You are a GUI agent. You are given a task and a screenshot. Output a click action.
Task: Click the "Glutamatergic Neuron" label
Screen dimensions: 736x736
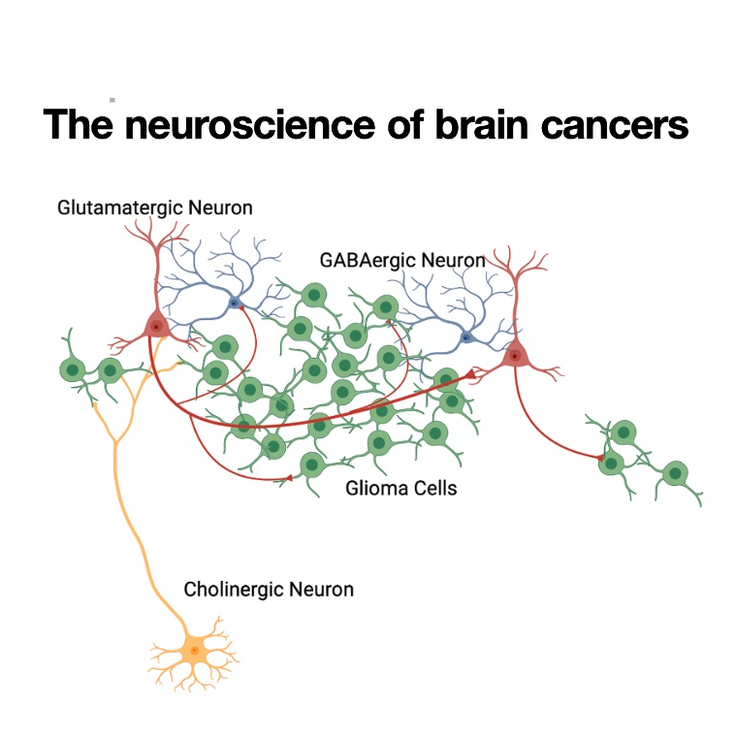(154, 208)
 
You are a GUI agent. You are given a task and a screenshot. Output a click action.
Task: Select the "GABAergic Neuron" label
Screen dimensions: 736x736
(401, 260)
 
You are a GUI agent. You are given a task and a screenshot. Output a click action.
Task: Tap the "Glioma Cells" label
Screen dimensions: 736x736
(400, 488)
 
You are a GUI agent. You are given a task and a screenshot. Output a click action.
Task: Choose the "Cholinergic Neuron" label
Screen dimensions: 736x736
(269, 589)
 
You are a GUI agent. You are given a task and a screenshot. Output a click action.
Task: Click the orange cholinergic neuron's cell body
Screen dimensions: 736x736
(194, 650)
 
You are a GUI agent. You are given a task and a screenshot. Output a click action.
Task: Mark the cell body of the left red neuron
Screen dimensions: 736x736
(155, 327)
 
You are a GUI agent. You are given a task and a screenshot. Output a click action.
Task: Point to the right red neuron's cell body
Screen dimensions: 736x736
(514, 357)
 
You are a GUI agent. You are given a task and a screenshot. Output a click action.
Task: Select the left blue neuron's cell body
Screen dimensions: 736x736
(234, 303)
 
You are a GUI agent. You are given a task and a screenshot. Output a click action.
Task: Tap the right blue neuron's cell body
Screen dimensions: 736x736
(466, 337)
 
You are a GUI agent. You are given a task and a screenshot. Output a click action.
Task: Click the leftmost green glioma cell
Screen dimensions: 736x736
(72, 369)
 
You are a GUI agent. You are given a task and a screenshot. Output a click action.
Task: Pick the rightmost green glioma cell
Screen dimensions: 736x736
(675, 475)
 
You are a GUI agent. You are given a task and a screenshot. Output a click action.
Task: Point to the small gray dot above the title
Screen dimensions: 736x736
(112, 99)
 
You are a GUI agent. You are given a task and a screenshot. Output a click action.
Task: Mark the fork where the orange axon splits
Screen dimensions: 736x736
(115, 443)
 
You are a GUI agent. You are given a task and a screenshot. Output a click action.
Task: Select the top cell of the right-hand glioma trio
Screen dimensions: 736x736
(623, 432)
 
